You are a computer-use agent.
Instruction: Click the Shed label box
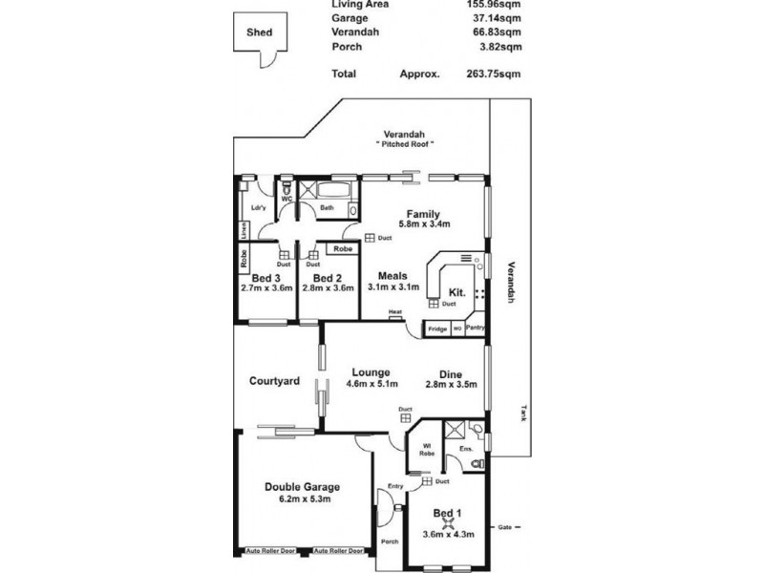[x=260, y=32]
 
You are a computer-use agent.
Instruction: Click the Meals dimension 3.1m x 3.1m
[x=393, y=286]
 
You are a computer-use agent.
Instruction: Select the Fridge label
[x=437, y=329]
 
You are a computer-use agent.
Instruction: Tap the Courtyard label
[x=275, y=381]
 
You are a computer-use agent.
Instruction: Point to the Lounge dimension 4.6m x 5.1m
[x=369, y=386]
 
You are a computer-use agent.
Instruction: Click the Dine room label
[x=451, y=374]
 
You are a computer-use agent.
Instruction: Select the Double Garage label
[x=302, y=486]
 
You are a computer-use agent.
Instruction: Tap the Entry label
[x=395, y=486]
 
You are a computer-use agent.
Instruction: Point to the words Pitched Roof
[x=405, y=144]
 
